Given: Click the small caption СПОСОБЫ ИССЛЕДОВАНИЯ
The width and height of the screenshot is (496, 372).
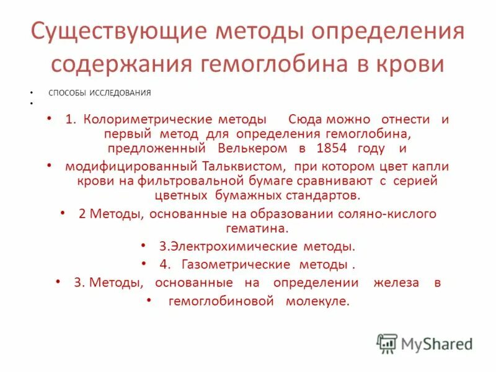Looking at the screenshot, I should pos(99,93).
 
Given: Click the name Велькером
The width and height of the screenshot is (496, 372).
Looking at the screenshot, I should pos(252,149).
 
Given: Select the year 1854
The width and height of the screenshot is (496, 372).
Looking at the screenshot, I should pos(331,149).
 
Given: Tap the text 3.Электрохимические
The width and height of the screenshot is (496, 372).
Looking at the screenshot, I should pos(229,246).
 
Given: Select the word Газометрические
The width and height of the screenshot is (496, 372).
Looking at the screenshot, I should pos(236,265).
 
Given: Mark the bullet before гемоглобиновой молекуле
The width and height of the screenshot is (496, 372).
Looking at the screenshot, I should pos(149,301).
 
